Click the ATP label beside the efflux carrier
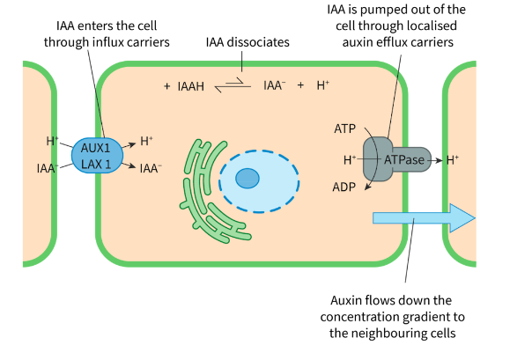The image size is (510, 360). point(344,129)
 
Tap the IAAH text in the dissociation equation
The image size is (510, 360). point(191,86)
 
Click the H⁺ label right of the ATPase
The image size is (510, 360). point(453,160)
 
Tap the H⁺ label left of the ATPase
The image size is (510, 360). point(350,160)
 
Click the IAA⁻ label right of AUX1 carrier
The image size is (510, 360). point(151,167)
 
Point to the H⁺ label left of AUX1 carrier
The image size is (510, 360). point(52,141)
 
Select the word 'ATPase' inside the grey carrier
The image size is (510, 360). point(404,159)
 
